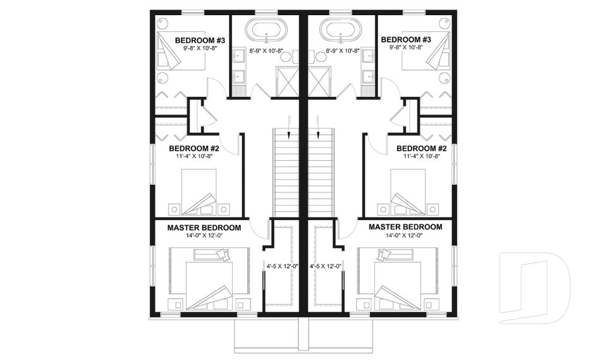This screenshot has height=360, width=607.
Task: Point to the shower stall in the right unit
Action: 321,82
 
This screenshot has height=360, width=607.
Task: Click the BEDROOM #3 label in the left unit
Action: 200,40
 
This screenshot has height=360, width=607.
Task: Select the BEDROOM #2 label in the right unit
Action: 422,149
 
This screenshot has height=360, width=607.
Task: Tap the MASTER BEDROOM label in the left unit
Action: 204,227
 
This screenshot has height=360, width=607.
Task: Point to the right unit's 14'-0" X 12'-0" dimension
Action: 405,235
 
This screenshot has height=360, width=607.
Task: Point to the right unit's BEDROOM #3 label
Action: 406,40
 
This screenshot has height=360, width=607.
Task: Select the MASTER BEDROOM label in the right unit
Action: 405,227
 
